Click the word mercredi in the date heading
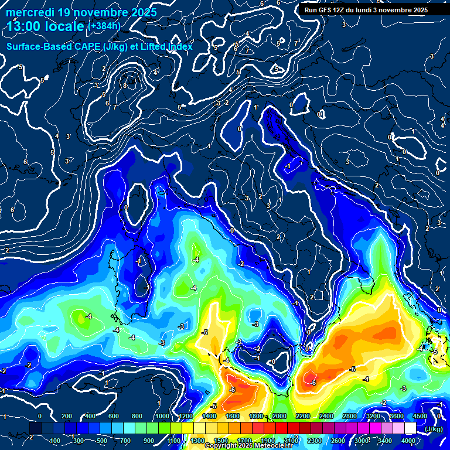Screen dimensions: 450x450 [x=29, y=12]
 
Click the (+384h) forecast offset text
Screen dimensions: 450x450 [x=104, y=26]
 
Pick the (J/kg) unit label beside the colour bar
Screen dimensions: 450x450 [x=434, y=429]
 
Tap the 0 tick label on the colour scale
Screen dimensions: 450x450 [x=40, y=416]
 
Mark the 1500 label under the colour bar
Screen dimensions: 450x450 [x=221, y=441]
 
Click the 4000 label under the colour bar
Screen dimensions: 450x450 [x=408, y=441]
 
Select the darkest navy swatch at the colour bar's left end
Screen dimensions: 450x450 [x=35, y=428]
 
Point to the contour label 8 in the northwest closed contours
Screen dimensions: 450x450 [x=125, y=86]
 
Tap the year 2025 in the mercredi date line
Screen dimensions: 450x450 [x=140, y=12]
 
